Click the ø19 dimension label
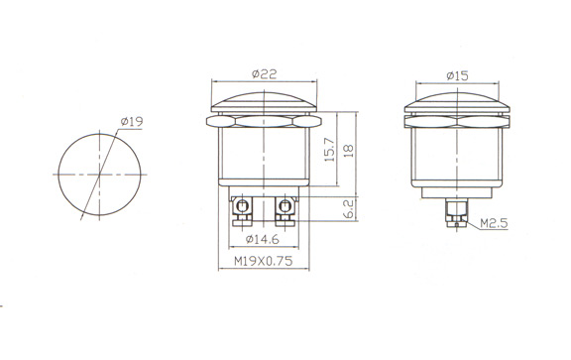132,121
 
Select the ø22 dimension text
265,74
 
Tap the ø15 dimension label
457,75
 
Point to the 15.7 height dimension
329,150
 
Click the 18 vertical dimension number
349,151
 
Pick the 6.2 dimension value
349,209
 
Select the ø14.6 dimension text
262,239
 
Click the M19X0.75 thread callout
263,261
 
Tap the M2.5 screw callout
494,223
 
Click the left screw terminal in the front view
242,211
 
